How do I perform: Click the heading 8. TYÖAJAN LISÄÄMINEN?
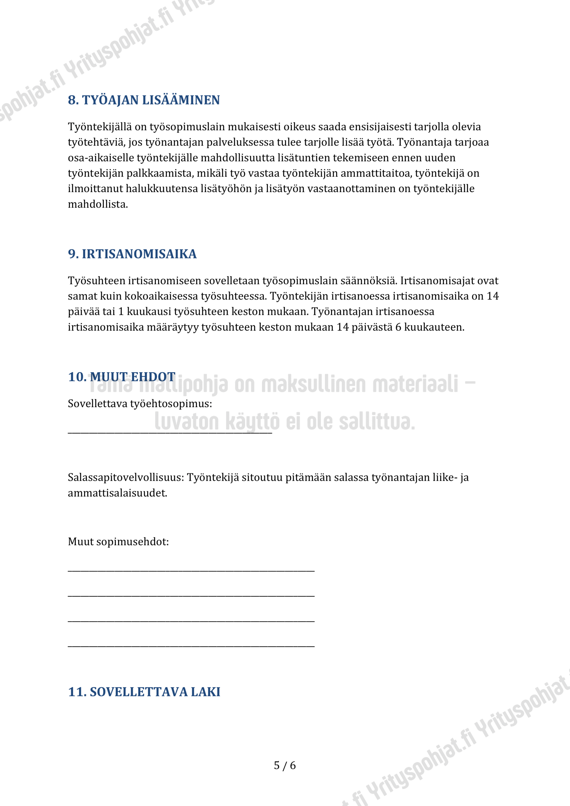tap(144, 100)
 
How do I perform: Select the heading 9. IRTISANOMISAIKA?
tap(132, 254)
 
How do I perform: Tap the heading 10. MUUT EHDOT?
tap(122, 377)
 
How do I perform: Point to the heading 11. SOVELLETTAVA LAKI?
tap(144, 692)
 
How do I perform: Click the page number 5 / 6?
tap(285, 765)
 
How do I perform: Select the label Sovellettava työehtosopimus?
tap(140, 404)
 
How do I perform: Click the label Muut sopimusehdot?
tap(118, 542)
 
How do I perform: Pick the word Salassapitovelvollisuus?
tap(125, 477)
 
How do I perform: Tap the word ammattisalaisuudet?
tap(117, 493)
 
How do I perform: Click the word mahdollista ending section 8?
tap(97, 204)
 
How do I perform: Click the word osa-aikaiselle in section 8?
tap(101, 158)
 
